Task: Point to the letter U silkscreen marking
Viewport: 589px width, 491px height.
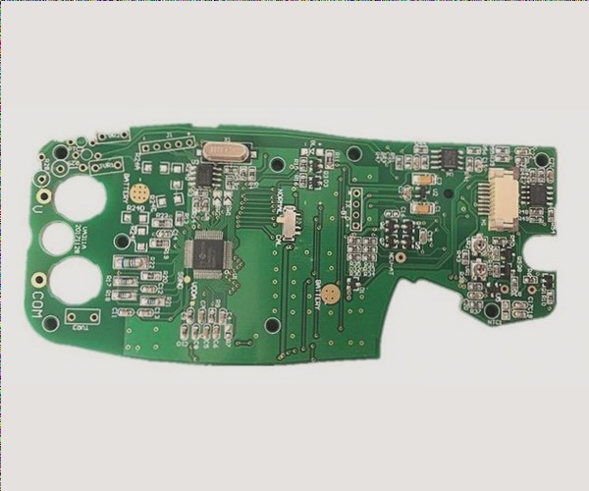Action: click(x=37, y=209)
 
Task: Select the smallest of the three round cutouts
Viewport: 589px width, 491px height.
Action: click(x=56, y=238)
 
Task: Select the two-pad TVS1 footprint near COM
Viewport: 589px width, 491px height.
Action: click(x=83, y=315)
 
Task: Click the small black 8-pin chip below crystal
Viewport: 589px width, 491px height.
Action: click(x=205, y=174)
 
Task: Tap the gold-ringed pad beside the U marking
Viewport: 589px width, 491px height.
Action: click(x=43, y=179)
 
